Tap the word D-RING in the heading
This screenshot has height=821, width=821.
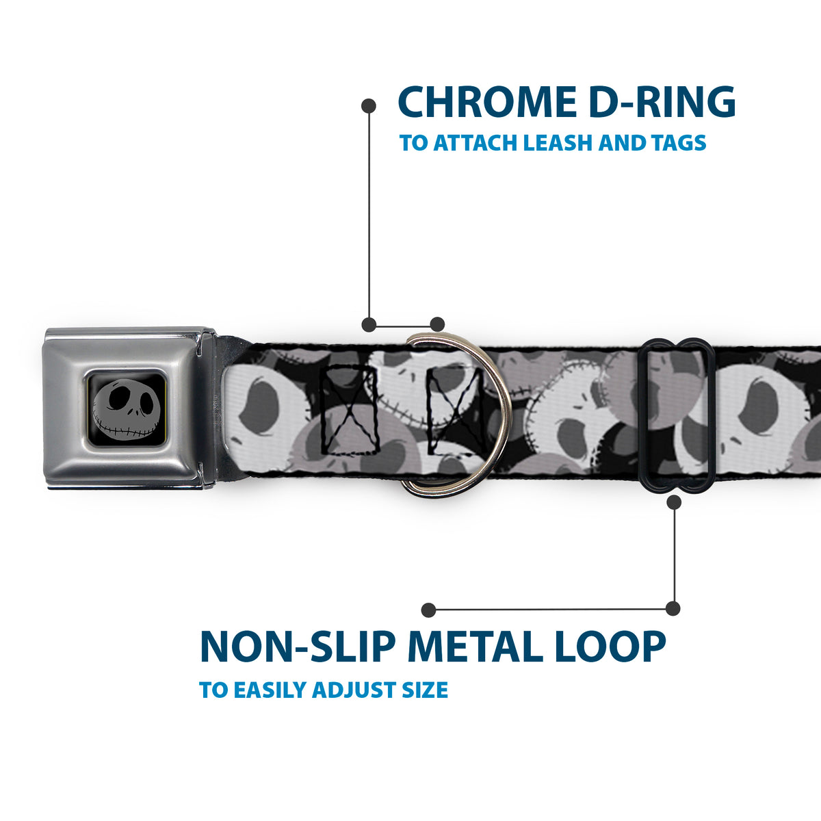(664, 102)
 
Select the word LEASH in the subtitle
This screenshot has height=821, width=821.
(558, 143)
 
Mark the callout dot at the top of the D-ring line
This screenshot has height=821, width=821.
(369, 106)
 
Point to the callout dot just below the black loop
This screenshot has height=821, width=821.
(674, 503)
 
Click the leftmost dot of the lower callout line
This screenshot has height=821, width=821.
(428, 610)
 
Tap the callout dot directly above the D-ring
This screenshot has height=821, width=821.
(437, 324)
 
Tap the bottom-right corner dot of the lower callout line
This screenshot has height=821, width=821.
(673, 608)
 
